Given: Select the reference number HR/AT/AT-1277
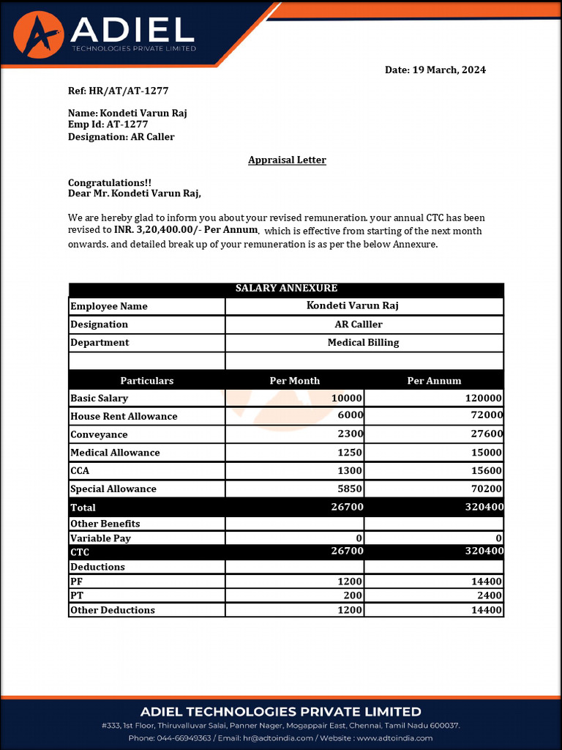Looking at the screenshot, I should [x=128, y=92].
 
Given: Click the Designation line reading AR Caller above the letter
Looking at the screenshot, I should [x=121, y=137].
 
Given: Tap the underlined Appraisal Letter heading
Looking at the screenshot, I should [x=287, y=160].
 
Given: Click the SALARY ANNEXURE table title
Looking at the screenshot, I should [x=286, y=289].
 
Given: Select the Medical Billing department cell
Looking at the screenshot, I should [x=363, y=343].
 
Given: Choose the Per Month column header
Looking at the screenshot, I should [x=294, y=381].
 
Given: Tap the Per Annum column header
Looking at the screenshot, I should [x=434, y=381].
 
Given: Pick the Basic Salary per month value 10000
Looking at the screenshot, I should [x=347, y=398].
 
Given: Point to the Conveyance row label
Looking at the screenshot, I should [x=99, y=435].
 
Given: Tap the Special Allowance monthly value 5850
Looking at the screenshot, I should [x=350, y=489].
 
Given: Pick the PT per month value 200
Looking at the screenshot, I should [x=354, y=596].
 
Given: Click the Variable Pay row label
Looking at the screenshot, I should [x=100, y=538].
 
